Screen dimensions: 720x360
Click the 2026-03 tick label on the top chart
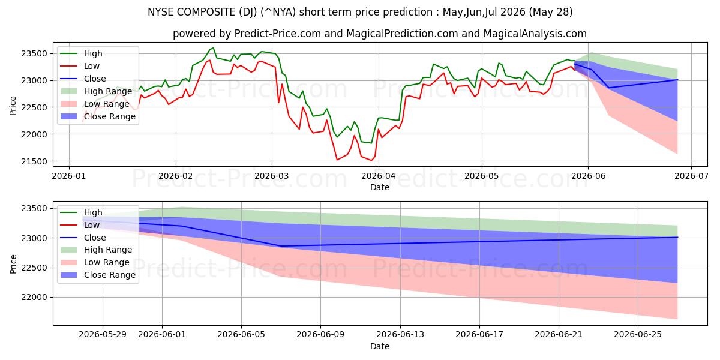[272, 176]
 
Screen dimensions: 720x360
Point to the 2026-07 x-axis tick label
[691, 176]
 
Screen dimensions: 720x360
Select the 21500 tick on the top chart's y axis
[34, 161]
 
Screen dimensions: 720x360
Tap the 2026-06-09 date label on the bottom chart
[320, 335]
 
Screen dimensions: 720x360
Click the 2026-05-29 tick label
[103, 335]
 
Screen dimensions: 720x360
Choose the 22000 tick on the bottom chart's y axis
[34, 298]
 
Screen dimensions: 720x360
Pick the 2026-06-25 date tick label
[638, 335]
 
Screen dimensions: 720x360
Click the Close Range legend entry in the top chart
[98, 116]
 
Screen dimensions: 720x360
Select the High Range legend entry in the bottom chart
[96, 250]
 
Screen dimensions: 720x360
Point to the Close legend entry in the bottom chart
[83, 238]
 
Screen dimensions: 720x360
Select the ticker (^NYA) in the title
[278, 12]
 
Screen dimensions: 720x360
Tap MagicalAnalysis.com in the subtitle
[535, 34]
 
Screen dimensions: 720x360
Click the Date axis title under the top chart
[380, 187]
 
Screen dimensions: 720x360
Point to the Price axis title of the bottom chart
[13, 264]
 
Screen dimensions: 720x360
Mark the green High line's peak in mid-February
[213, 48]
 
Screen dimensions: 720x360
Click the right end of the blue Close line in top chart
[677, 80]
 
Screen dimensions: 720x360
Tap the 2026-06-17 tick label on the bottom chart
[479, 335]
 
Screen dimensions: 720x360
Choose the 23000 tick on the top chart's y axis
[34, 80]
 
